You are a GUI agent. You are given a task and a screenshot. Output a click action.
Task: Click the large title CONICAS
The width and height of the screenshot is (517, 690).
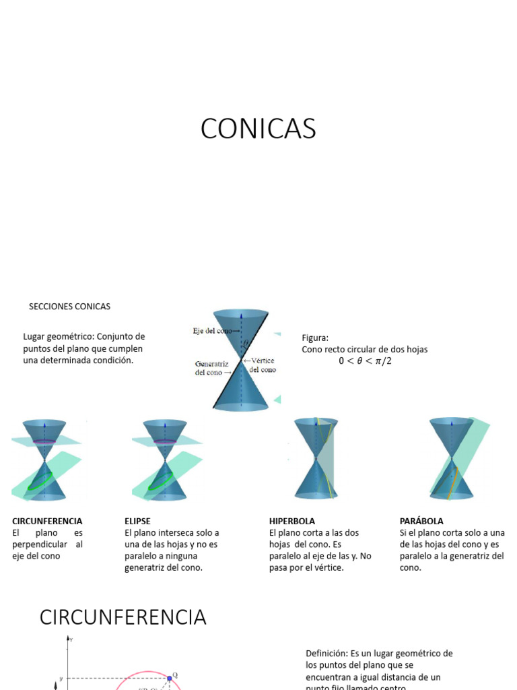258,129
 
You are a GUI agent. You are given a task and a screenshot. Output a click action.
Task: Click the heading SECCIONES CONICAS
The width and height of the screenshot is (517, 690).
69,307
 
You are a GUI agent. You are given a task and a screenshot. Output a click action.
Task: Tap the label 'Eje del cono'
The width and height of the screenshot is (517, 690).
213,331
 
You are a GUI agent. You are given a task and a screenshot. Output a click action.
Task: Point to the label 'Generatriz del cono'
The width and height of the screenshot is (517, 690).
212,368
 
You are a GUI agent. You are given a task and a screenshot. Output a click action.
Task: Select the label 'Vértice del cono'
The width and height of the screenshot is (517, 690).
261,365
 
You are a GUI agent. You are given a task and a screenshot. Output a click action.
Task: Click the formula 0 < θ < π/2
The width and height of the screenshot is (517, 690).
365,361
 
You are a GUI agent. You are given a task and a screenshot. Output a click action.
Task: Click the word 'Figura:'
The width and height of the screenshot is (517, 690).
315,338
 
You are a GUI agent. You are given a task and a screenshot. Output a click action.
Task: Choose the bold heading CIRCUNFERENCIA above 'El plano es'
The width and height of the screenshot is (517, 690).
47,521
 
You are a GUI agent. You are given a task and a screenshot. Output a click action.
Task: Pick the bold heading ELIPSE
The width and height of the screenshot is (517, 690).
137,521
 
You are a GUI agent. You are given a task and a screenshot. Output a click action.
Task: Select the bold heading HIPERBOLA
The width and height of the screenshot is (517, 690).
292,521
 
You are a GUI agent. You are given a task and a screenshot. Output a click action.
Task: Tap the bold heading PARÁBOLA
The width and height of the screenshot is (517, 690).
421,521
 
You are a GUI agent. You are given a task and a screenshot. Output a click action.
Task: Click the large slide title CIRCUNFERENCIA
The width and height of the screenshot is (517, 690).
123,617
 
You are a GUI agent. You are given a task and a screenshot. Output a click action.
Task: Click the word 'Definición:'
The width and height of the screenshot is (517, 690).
326,654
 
